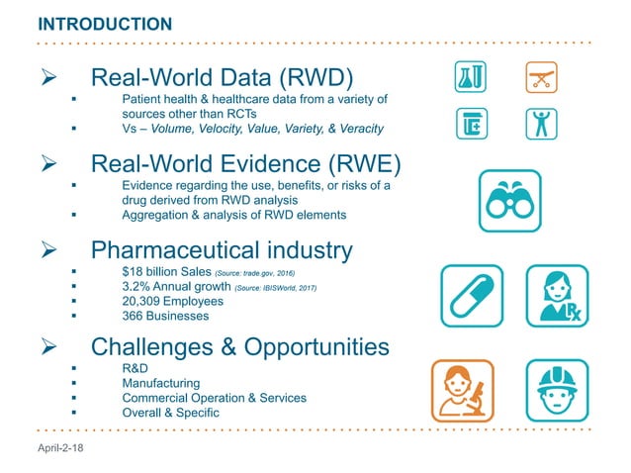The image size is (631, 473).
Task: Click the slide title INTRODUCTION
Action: pos(104,23)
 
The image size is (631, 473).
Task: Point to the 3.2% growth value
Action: pos(136,288)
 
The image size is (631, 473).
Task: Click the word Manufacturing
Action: pos(160,383)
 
